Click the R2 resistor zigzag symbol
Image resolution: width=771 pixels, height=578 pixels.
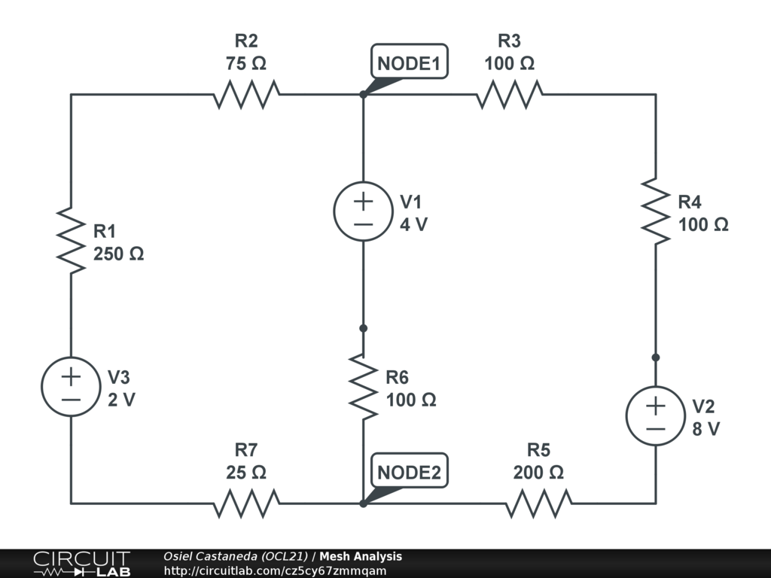tap(246, 94)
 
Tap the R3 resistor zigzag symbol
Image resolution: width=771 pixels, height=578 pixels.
tap(510, 94)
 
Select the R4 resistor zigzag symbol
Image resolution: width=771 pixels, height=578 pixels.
tap(656, 211)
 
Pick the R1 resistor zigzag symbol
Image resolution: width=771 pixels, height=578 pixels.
tap(71, 240)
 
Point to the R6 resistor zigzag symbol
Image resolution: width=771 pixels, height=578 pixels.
tap(364, 387)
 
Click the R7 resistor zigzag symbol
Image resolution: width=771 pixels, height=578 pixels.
tap(246, 503)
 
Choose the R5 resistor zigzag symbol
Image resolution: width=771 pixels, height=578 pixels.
tap(538, 503)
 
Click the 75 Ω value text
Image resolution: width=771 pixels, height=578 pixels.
tap(246, 63)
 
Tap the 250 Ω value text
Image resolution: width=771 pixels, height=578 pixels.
tap(118, 254)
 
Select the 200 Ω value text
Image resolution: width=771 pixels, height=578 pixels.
tap(538, 473)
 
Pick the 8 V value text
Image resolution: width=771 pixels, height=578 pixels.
tap(705, 429)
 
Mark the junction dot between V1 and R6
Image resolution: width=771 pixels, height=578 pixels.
tap(364, 328)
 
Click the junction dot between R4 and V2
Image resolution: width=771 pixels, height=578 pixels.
tap(656, 357)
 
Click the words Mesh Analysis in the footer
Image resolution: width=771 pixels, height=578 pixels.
tap(361, 556)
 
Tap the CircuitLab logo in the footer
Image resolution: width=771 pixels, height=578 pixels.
tap(81, 564)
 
